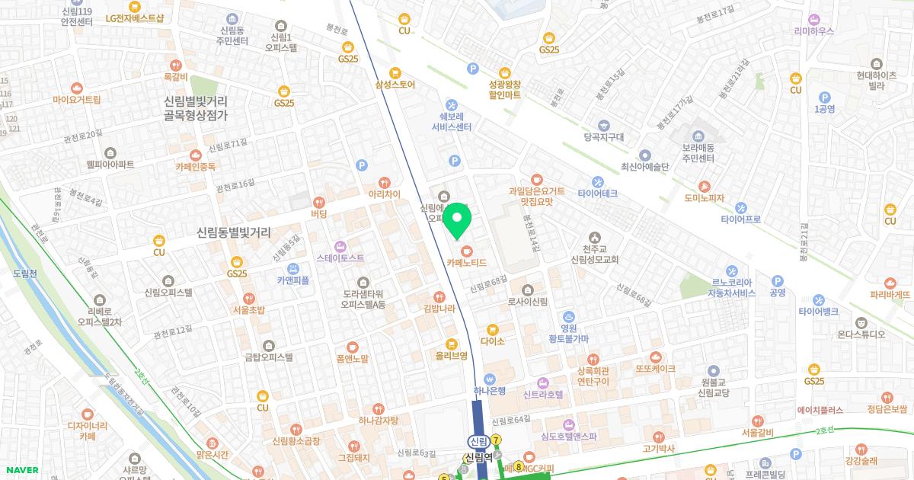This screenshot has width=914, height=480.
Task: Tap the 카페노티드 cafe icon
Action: pos(467,250)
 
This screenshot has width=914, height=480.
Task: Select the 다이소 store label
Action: pos(493,341)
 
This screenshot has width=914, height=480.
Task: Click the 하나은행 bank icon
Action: pos(490,379)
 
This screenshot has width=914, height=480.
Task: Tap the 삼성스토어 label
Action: pos(395,85)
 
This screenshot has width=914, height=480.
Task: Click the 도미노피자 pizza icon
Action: pos(704,186)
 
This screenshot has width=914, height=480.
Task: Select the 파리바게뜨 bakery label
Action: pos(890,294)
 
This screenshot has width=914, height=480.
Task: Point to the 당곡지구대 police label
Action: pos(604,138)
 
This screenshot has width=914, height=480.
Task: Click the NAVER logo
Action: pos(21,470)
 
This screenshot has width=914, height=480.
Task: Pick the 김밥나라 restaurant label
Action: pos(439,309)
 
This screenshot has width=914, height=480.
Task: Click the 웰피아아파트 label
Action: pos(110,165)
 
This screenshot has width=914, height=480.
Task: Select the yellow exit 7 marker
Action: pos(496,440)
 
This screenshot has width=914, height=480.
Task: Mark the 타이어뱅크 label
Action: pos(818,312)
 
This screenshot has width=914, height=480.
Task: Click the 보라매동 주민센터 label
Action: pos(698,153)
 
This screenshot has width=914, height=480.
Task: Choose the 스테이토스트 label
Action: pos(340,258)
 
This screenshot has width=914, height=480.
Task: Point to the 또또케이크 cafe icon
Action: pos(656,357)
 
